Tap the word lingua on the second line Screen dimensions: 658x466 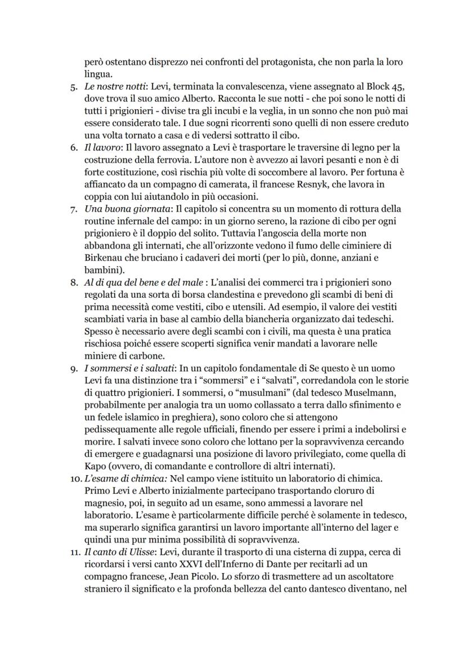[x=97, y=74]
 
